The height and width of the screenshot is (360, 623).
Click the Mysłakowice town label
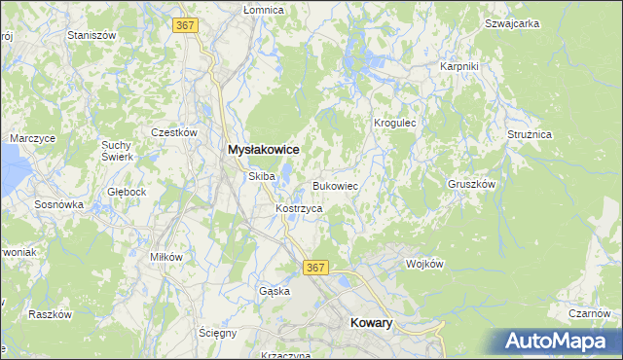pyautogui.click(x=262, y=150)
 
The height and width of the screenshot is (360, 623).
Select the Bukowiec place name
pyautogui.click(x=336, y=185)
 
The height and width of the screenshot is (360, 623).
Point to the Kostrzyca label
pyautogui.click(x=299, y=208)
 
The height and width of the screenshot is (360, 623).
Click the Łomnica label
pyautogui.click(x=264, y=10)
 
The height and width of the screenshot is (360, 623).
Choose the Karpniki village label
pyautogui.click(x=458, y=66)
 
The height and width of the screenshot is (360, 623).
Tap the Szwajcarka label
pyautogui.click(x=512, y=23)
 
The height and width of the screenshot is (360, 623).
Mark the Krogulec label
pyautogui.click(x=395, y=124)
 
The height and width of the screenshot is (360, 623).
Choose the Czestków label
pyautogui.click(x=175, y=132)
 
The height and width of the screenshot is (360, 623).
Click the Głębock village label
pyautogui.click(x=128, y=192)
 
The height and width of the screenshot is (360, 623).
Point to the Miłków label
pyautogui.click(x=166, y=256)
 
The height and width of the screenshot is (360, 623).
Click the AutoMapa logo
pyautogui.click(x=559, y=340)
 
